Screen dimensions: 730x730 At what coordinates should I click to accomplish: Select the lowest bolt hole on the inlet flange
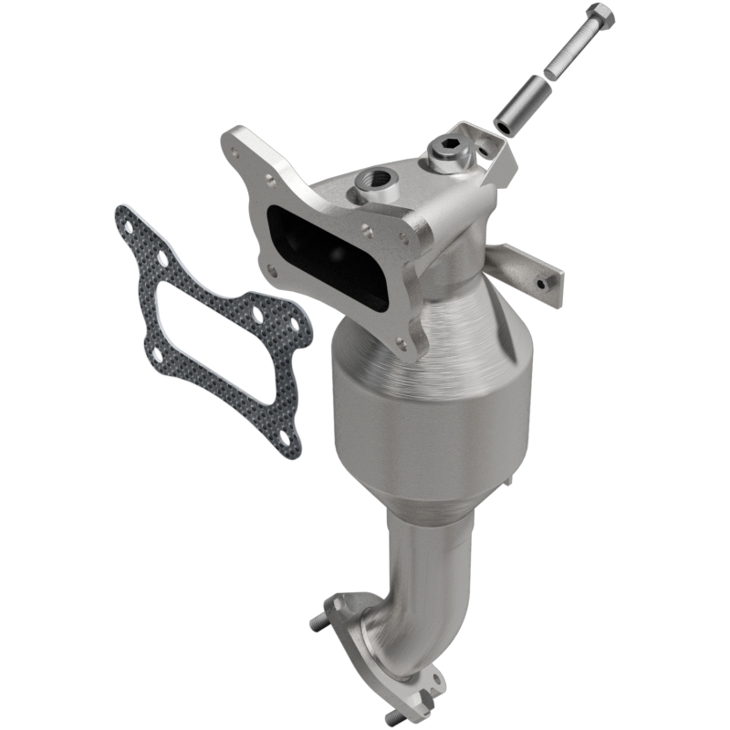399,343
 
